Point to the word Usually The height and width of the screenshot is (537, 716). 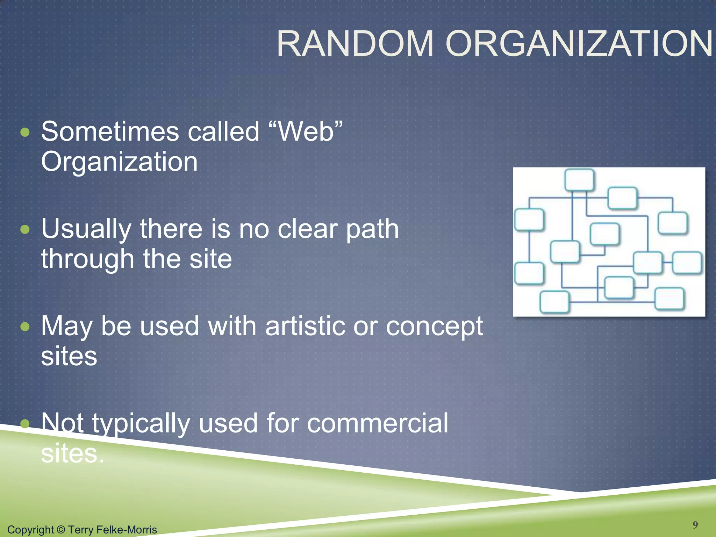click(x=86, y=229)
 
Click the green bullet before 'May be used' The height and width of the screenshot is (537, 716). click(x=25, y=327)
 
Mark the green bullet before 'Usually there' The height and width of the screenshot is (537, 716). click(x=25, y=230)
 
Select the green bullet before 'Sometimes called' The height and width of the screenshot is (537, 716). click(x=25, y=133)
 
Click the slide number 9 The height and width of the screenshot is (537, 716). click(x=695, y=524)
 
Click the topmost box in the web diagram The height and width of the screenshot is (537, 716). click(x=579, y=180)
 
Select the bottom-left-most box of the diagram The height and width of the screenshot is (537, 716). click(x=554, y=301)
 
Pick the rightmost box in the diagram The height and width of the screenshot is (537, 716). click(x=687, y=262)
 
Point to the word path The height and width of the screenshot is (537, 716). click(x=372, y=229)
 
